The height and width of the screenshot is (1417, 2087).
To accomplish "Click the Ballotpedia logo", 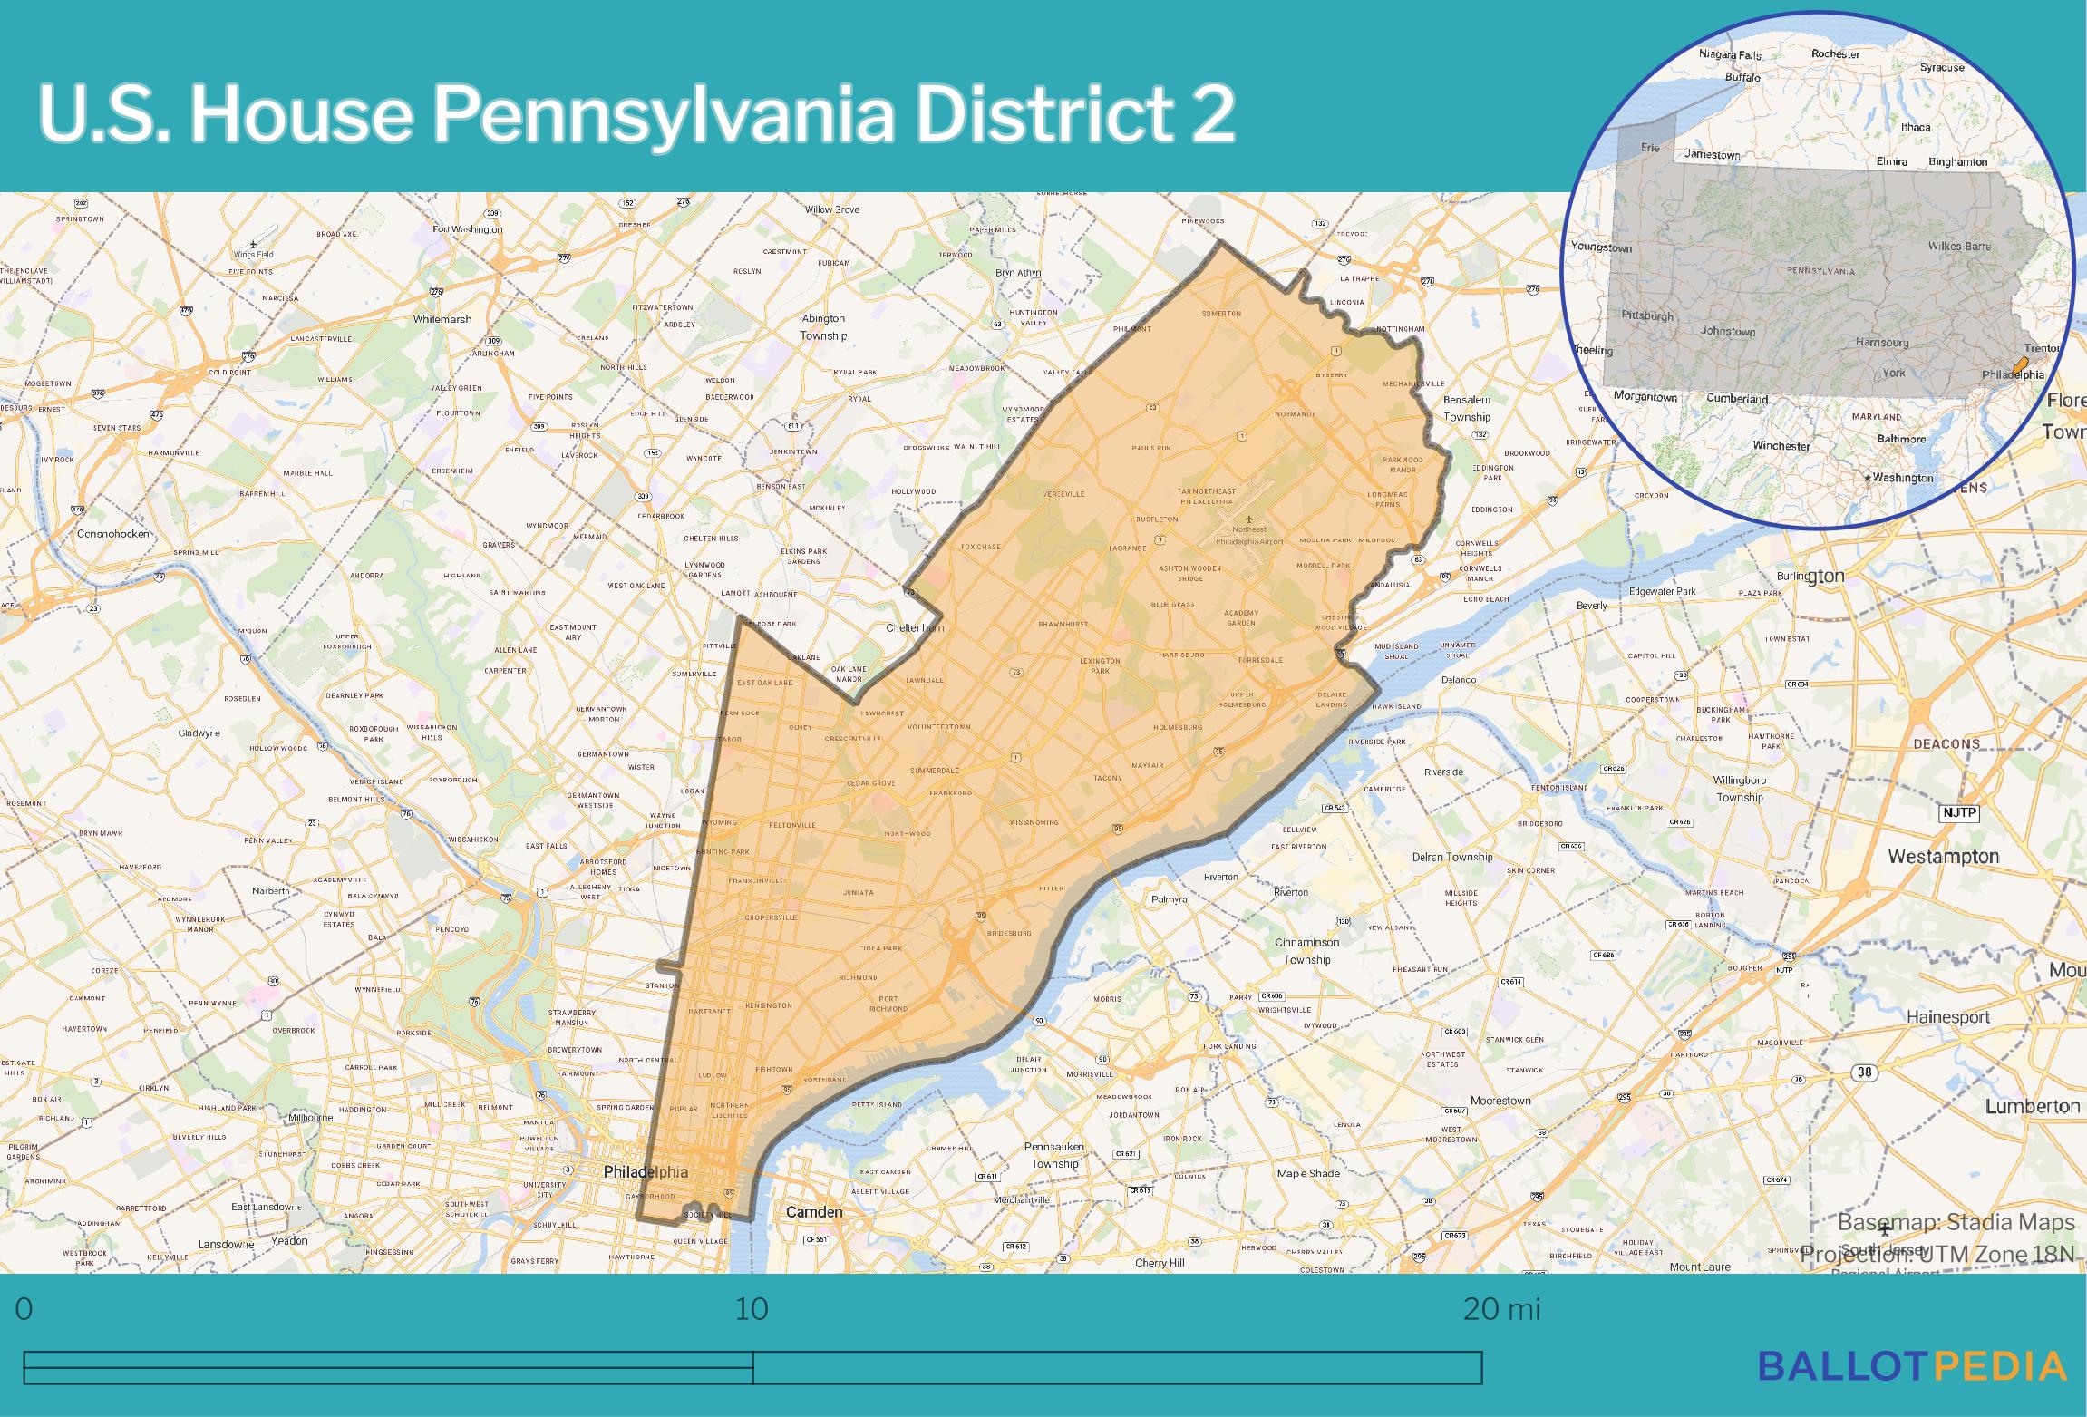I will (1912, 1365).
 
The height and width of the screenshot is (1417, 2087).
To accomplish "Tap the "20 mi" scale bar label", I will (1501, 1309).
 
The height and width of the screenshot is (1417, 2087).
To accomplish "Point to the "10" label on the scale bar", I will (752, 1309).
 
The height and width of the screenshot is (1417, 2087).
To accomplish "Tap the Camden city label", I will (813, 1212).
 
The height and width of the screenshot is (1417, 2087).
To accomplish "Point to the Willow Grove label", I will (832, 210).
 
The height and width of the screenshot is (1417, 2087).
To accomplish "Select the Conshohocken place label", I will (113, 534).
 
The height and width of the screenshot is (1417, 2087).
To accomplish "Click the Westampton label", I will (1943, 856).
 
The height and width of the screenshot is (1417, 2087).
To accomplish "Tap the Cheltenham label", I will (915, 627).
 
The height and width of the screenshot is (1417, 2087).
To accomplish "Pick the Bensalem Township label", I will (1466, 408).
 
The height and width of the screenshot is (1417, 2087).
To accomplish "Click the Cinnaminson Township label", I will (1306, 951).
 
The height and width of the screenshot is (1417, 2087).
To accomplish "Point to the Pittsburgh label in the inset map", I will (1647, 316).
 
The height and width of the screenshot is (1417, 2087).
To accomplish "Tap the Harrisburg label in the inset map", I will (1882, 343).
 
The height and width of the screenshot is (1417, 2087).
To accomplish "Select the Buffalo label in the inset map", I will (1742, 78).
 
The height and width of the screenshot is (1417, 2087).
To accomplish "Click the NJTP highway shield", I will (1958, 812).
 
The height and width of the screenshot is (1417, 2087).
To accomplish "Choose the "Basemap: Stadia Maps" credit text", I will (1956, 1223).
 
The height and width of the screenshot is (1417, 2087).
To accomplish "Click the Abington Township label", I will (823, 327).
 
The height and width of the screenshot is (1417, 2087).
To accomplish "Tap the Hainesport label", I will (1948, 1017).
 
